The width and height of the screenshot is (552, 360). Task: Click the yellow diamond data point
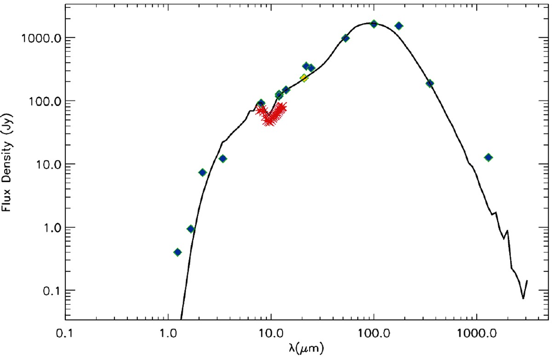(304, 78)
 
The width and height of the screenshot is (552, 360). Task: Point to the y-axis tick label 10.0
(48, 165)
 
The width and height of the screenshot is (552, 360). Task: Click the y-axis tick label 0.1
(51, 291)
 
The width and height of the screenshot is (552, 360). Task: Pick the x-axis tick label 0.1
(64, 334)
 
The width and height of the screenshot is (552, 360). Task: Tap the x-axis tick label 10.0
(271, 334)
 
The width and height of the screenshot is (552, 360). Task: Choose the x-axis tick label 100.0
(374, 334)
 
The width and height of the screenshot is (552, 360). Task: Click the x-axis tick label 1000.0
(477, 334)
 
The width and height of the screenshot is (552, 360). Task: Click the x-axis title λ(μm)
(306, 349)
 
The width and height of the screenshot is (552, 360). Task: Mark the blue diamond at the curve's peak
(374, 24)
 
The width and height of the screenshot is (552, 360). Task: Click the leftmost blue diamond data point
(178, 252)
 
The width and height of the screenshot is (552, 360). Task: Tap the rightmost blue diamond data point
(489, 157)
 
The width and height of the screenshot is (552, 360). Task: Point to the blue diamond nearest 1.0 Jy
(190, 229)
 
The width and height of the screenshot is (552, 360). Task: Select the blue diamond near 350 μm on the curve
(430, 84)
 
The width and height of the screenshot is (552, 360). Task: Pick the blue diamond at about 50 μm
(345, 38)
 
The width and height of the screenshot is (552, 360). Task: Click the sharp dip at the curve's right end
(523, 298)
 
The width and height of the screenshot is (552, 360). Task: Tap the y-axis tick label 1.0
(51, 228)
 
